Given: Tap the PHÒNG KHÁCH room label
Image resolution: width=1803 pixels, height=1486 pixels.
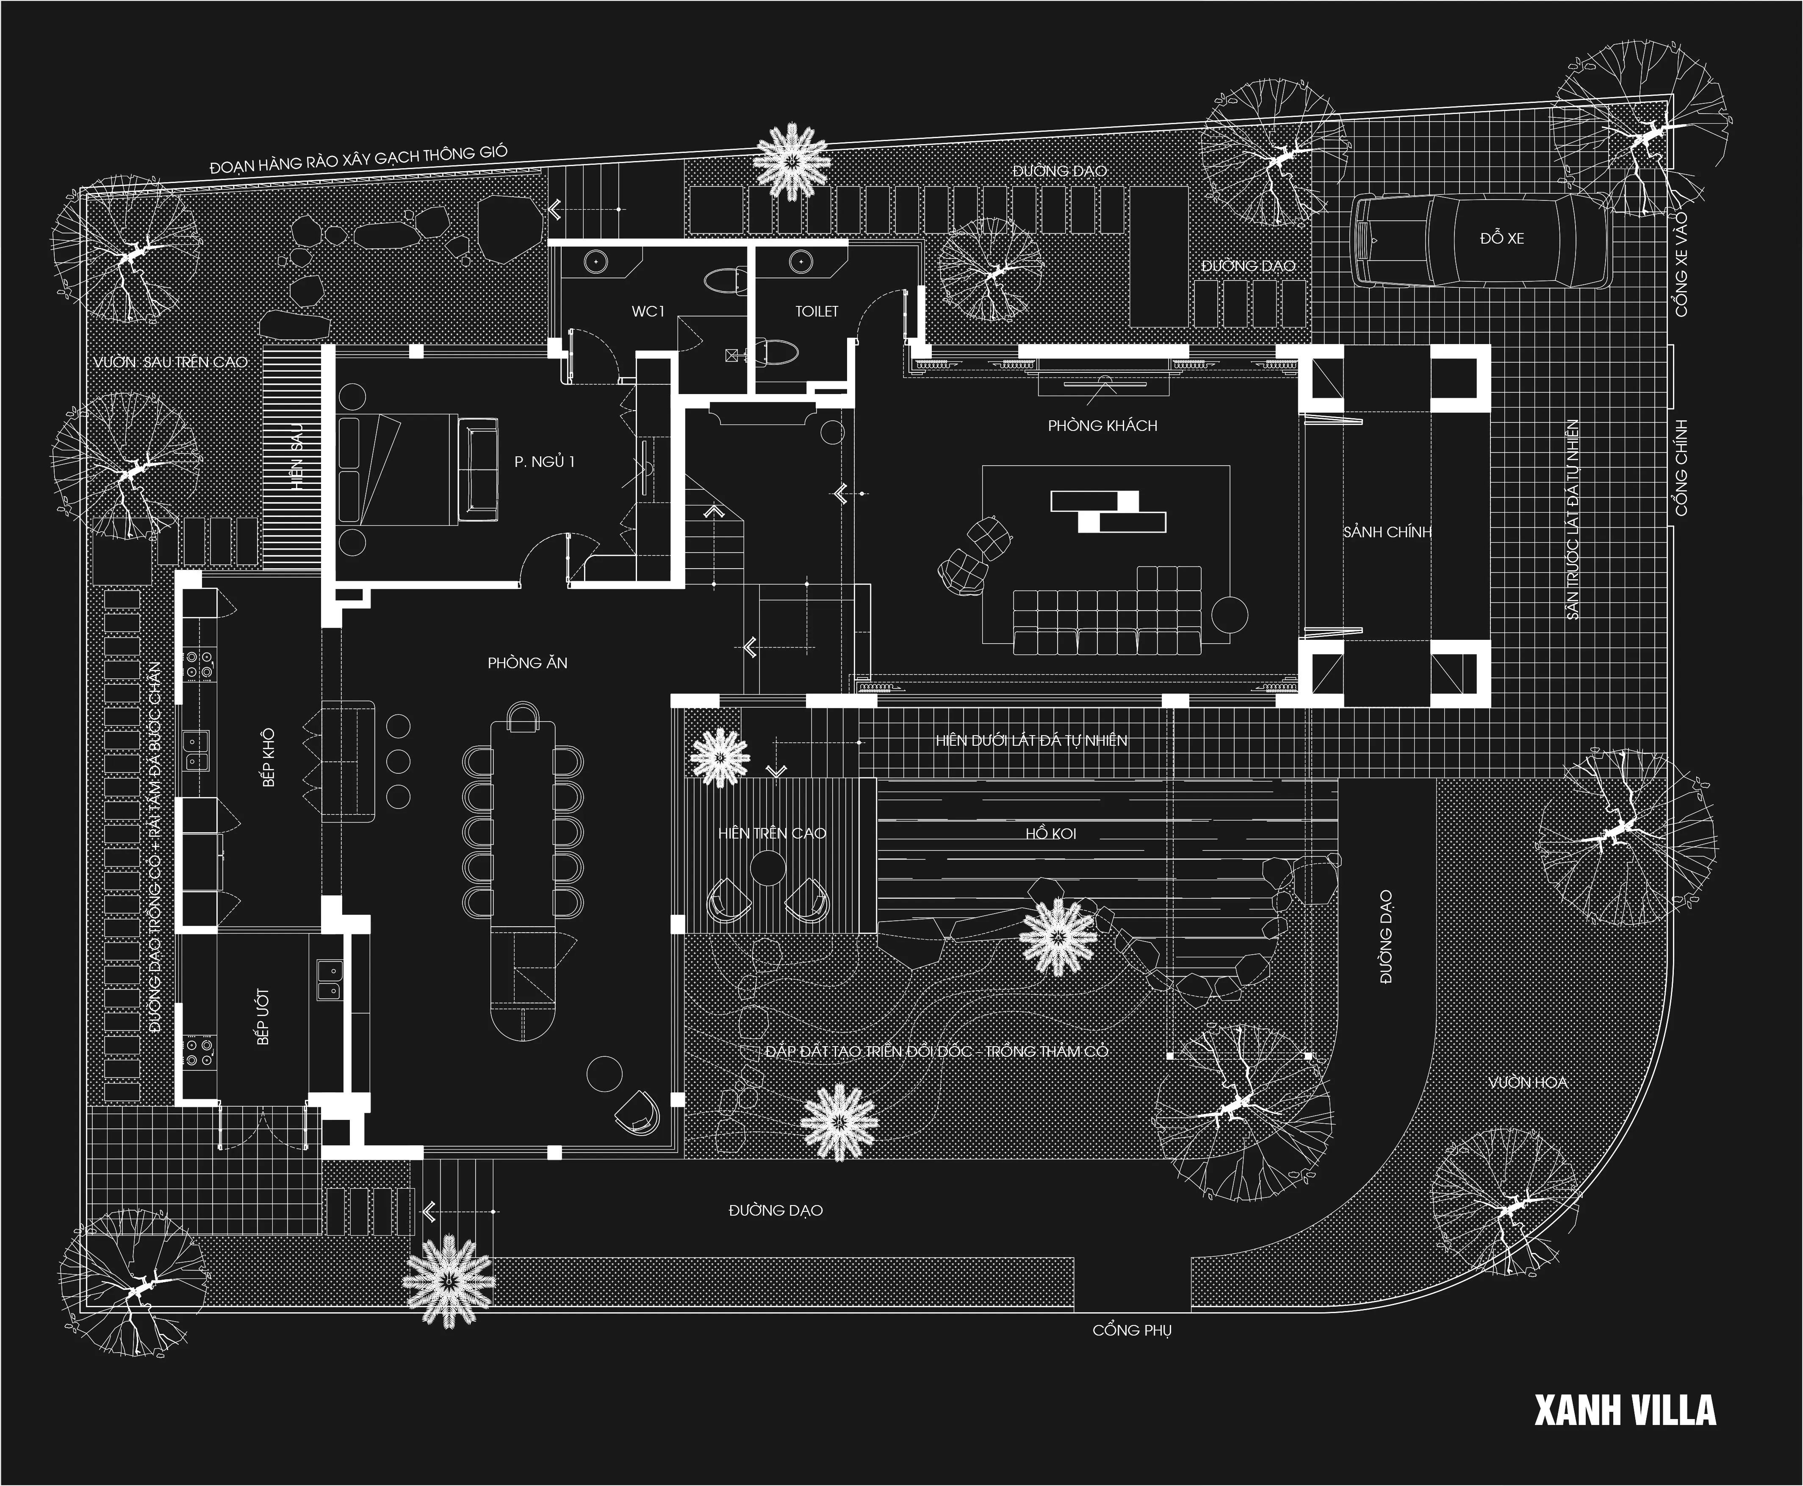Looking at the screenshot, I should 1102,425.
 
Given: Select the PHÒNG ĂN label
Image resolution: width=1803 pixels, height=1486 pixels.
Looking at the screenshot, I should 527,663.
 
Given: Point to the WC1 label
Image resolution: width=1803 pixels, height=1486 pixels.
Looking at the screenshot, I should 648,311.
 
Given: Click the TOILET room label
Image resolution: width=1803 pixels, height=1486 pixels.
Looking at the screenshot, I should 816,311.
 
